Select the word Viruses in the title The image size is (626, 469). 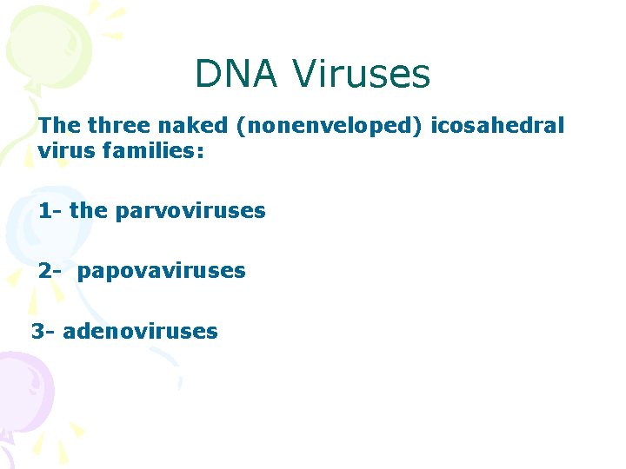[361, 74]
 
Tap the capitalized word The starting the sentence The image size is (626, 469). [59, 126]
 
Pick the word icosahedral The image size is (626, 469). [496, 126]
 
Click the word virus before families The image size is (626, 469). [67, 152]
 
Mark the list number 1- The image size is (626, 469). [50, 211]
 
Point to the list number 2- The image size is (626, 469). [50, 271]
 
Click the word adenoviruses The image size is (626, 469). [140, 331]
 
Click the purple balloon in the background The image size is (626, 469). [23, 391]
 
